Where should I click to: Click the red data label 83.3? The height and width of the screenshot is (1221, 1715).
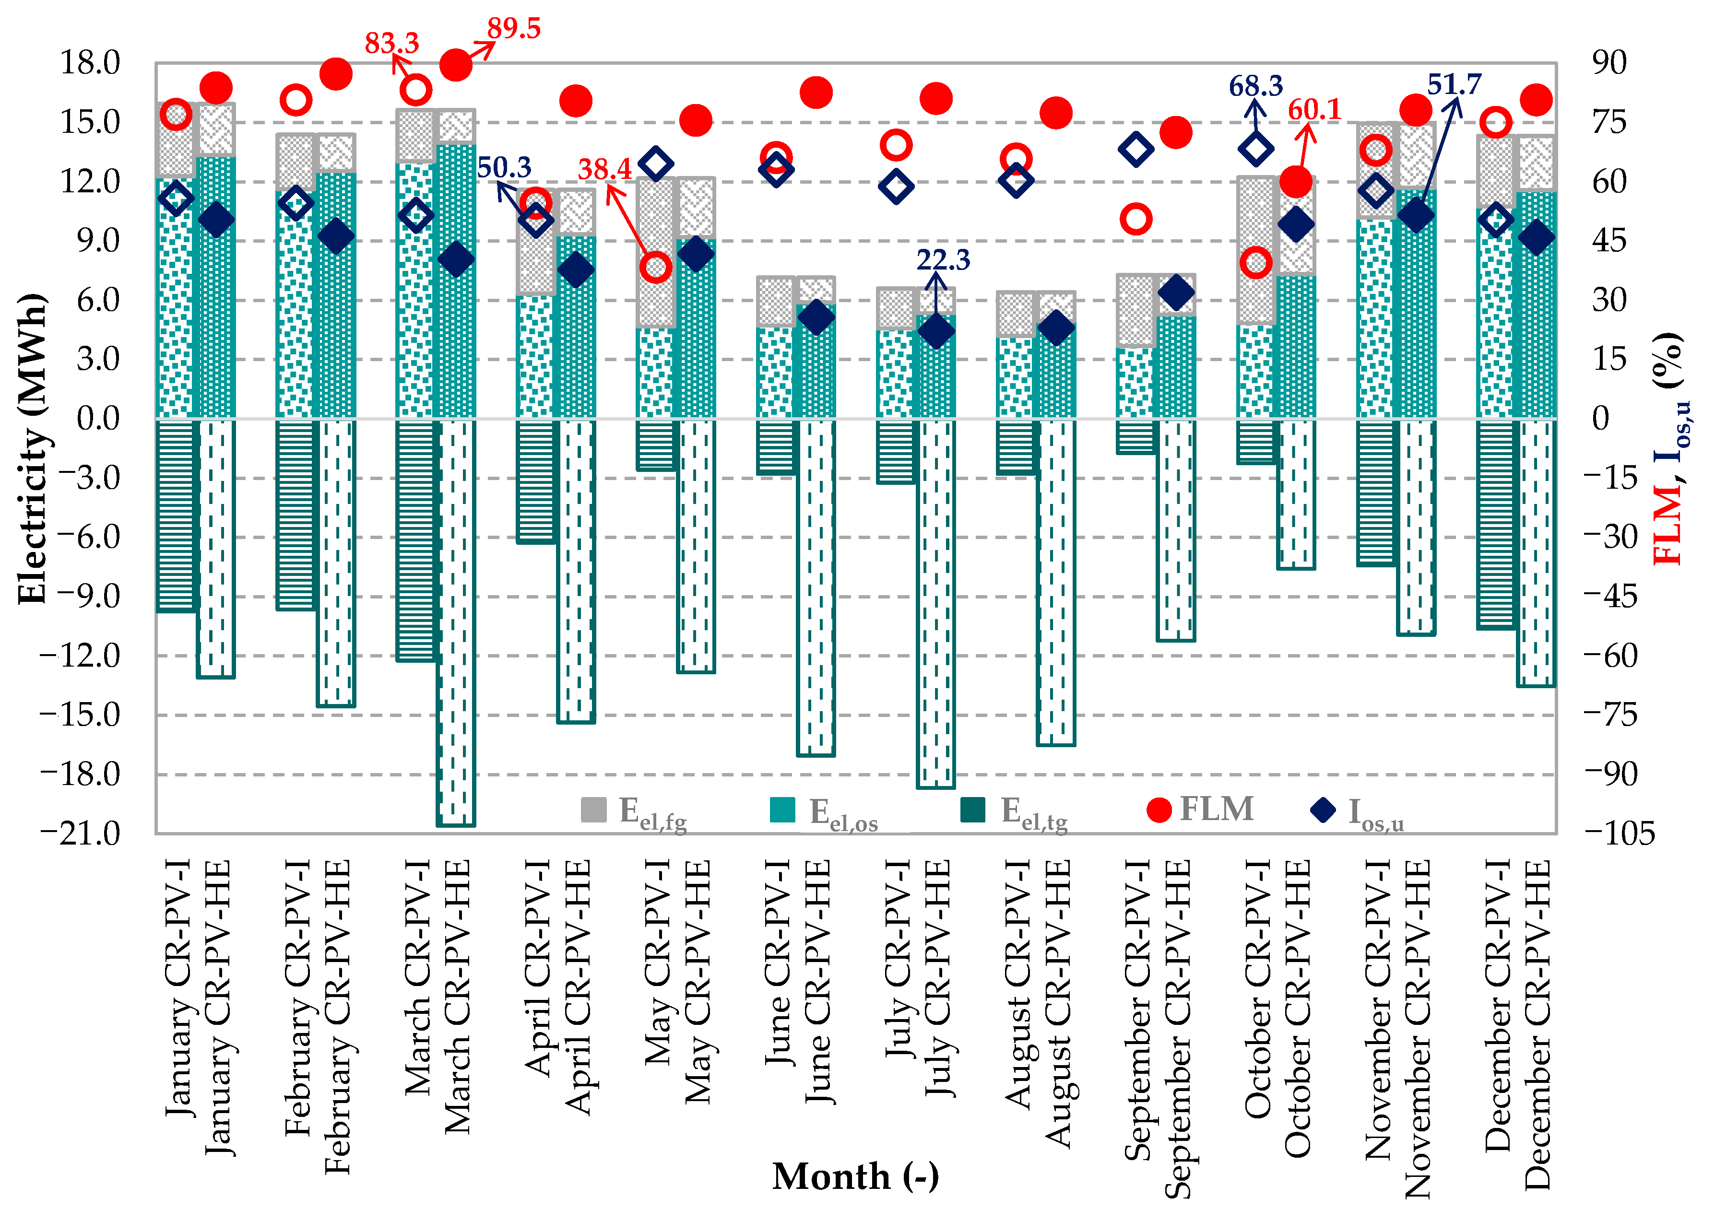[x=392, y=44]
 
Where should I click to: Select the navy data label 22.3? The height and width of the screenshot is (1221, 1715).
[x=943, y=260]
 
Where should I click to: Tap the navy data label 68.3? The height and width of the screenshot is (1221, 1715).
[x=1255, y=86]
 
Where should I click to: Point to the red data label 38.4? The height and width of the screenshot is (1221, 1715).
[x=604, y=170]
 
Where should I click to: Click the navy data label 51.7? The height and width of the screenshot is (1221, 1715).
[x=1454, y=84]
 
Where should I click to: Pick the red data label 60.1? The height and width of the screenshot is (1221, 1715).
[x=1314, y=110]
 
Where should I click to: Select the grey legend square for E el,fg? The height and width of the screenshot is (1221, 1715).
[x=593, y=810]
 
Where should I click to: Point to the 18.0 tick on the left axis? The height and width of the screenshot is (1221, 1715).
[x=90, y=63]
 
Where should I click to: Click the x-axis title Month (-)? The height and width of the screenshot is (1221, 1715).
[x=856, y=1177]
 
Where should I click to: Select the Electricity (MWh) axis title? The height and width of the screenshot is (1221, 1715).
[x=32, y=449]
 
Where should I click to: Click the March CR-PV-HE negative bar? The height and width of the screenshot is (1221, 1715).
[x=456, y=622]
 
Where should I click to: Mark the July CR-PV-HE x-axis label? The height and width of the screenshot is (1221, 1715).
[x=937, y=977]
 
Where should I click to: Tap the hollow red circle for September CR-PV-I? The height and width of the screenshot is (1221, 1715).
[x=1135, y=220]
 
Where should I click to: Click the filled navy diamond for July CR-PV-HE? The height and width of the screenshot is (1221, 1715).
[x=936, y=331]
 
